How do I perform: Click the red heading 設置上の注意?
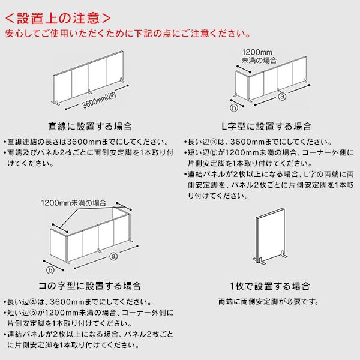58,19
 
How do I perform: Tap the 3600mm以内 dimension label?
99,100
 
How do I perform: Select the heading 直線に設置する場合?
90,126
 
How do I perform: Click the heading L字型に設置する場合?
266,126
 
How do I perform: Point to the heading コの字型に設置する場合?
90,286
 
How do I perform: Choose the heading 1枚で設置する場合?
270,286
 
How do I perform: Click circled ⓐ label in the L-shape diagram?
282,96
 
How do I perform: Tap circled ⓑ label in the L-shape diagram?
234,107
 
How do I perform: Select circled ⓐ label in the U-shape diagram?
113,256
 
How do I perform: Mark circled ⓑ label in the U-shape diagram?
50,270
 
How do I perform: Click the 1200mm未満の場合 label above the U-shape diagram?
74,203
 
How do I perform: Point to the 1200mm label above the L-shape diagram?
257,52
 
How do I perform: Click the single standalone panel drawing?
271,236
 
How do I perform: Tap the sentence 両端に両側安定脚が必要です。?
269,301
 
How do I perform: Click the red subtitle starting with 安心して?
128,34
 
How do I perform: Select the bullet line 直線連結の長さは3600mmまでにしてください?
86,142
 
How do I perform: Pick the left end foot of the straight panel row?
55,103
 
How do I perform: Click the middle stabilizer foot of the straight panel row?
90,92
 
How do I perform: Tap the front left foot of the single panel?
260,261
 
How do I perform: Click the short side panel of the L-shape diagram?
242,85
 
